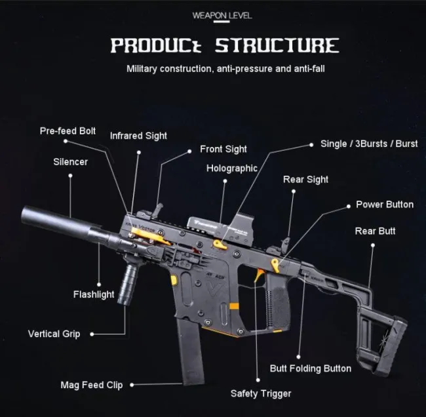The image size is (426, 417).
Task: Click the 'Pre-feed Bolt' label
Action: [68, 131]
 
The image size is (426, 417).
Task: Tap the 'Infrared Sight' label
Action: [138, 136]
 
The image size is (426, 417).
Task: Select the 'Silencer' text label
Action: [70, 161]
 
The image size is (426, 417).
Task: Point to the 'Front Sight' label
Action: [223, 149]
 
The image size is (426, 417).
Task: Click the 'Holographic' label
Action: [231, 169]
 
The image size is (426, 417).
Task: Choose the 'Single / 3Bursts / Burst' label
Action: [369, 144]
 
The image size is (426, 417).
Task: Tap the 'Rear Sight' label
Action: [305, 180]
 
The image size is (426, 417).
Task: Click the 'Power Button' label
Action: [385, 205]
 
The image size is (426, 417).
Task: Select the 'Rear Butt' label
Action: [375, 231]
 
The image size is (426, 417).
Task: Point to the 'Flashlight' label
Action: [94, 294]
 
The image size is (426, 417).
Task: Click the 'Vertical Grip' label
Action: [54, 334]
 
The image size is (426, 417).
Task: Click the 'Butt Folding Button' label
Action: [311, 368]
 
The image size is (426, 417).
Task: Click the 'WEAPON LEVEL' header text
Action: [222, 15]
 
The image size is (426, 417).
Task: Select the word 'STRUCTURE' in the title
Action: [279, 46]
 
